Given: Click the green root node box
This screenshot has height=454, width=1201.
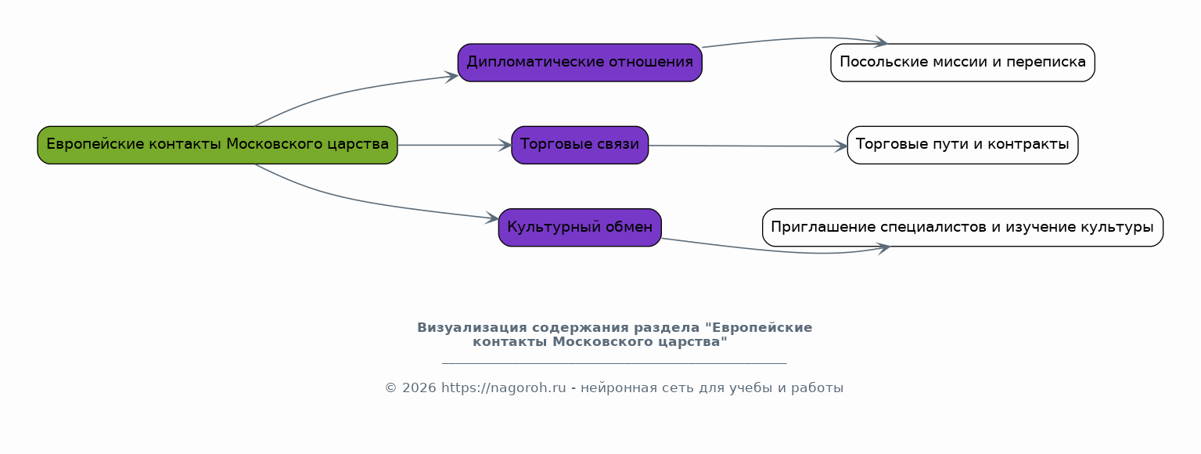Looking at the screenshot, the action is (218, 145).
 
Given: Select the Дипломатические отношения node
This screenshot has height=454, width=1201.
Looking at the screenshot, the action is (580, 63).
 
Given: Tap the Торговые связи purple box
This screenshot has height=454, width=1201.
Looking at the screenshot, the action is (580, 145).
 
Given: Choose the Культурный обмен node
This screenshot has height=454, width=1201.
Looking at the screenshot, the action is (580, 228).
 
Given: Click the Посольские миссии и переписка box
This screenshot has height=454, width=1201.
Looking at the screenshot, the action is (962, 63).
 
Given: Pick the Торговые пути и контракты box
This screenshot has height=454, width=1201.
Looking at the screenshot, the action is (962, 145).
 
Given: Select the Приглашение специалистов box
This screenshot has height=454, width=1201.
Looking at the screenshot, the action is (962, 228).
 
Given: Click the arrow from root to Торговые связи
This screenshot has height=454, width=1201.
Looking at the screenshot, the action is (455, 145).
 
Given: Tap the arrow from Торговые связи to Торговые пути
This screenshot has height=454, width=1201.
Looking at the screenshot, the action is (748, 146).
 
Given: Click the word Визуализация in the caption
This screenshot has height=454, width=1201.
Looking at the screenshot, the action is (473, 328).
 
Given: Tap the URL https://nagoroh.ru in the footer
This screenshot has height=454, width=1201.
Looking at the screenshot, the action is (503, 388).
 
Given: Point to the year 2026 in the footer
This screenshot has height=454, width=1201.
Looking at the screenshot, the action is (419, 388).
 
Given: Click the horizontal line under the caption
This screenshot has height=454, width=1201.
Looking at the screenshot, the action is (614, 364).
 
